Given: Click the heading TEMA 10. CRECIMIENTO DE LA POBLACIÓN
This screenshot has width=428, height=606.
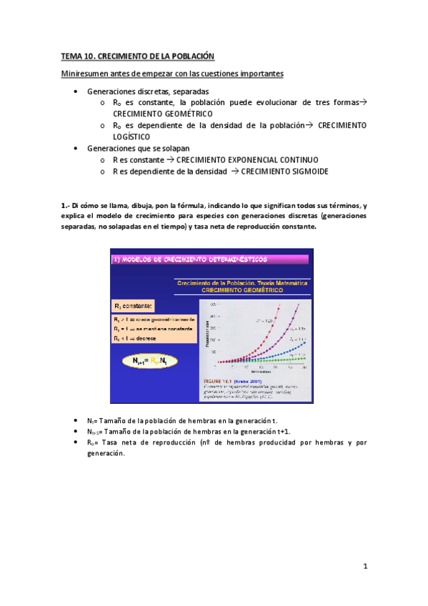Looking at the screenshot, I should [x=137, y=56].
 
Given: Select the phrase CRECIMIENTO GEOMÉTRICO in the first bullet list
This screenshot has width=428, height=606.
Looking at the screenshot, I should [x=162, y=113].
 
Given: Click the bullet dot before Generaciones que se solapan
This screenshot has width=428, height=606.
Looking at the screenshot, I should [x=76, y=148].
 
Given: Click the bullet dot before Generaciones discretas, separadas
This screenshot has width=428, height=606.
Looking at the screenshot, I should [x=76, y=91].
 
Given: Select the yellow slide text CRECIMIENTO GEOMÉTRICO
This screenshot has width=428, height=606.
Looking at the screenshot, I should [x=242, y=291].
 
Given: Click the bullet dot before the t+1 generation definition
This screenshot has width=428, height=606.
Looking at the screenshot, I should [x=76, y=432].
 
